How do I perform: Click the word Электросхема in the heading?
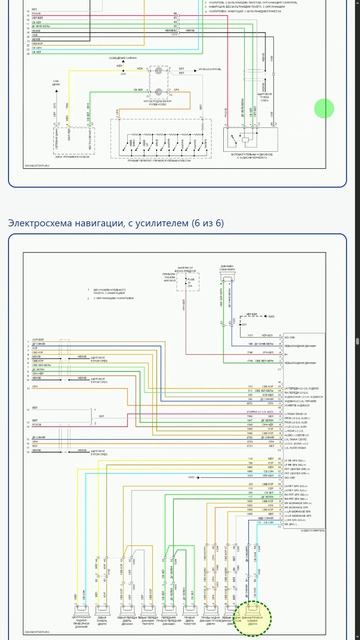point(41,223)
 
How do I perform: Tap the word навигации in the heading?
point(104,223)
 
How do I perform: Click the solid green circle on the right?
point(325,109)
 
